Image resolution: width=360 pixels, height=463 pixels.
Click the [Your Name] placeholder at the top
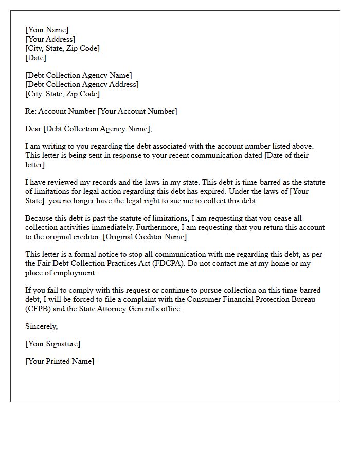47,30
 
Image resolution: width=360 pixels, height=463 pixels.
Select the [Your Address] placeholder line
50,39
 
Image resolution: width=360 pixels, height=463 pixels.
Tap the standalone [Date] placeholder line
36,58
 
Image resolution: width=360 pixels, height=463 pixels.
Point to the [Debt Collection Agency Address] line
82,84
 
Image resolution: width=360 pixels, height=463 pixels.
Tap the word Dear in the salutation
33,129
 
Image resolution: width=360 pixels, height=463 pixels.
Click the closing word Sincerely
41,326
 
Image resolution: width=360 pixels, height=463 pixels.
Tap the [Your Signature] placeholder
52,344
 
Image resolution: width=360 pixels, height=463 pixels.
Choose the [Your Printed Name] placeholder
60,361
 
